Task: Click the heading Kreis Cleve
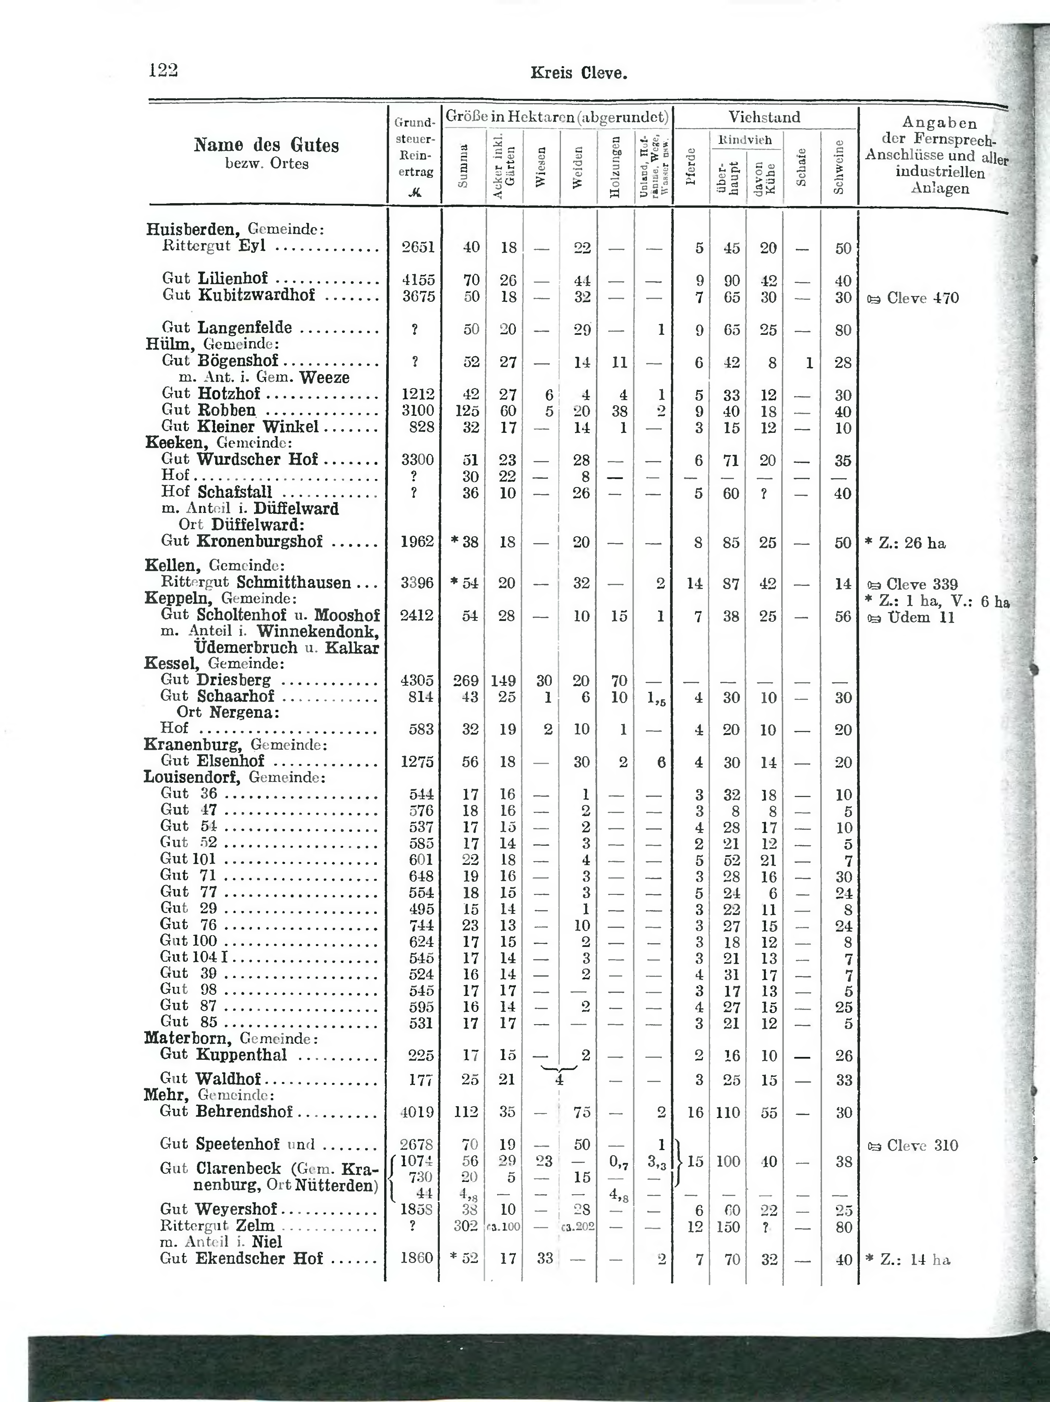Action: click(x=578, y=74)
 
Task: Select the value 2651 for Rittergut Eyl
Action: click(x=418, y=247)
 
